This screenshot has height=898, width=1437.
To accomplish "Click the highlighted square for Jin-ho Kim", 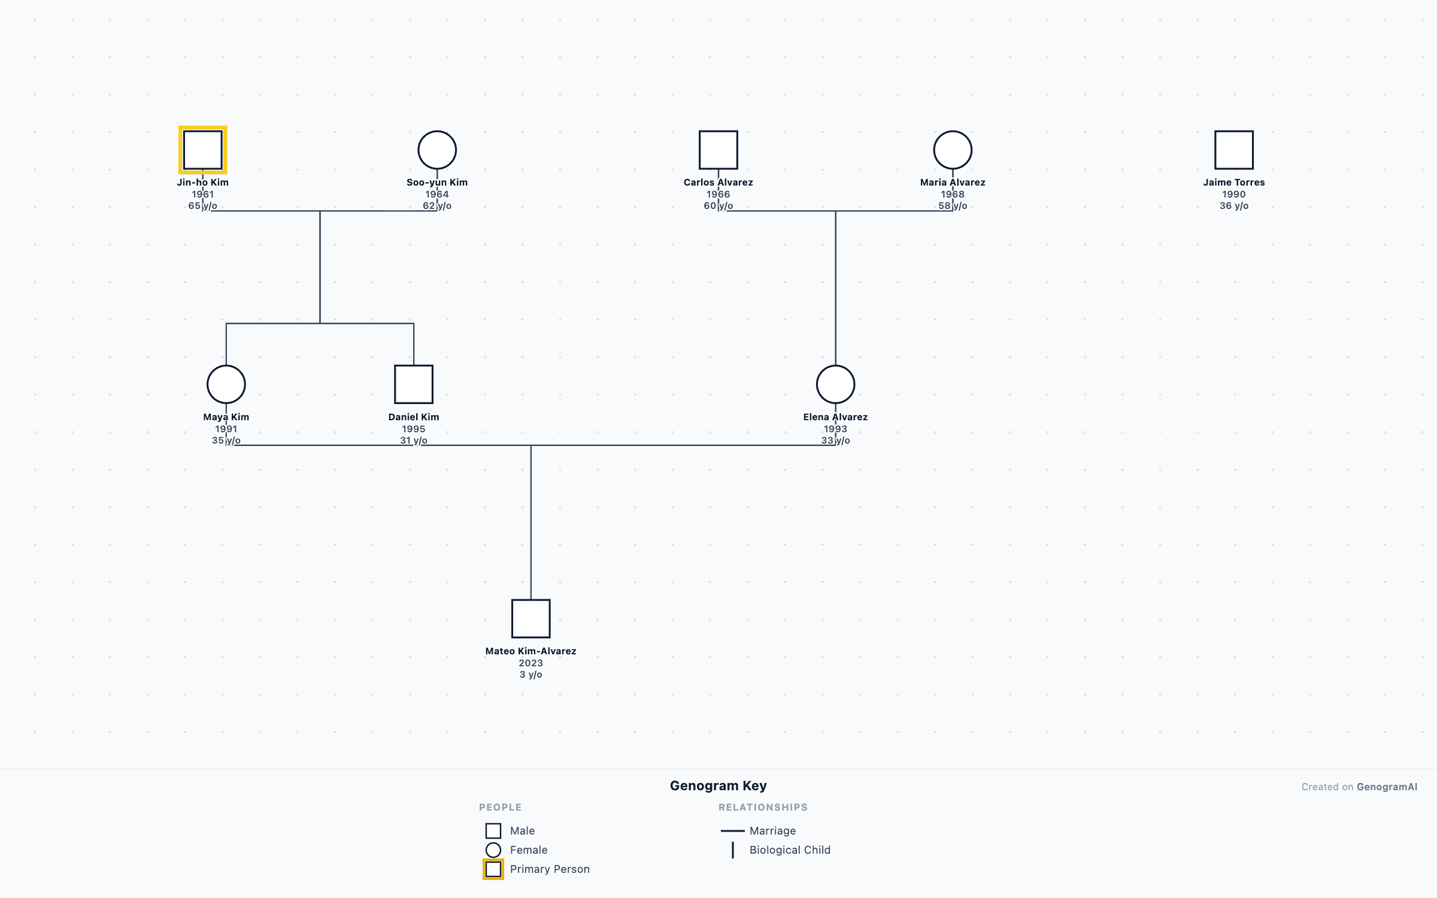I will click(202, 150).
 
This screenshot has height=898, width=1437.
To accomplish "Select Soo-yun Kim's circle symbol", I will click(437, 150).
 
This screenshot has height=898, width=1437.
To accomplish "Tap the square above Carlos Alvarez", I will click(718, 150).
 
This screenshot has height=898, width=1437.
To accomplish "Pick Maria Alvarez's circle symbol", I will click(953, 150).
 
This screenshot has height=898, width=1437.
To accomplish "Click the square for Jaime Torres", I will click(1233, 150).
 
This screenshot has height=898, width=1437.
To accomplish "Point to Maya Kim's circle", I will click(226, 384).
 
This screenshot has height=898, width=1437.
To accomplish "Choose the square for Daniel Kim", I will click(413, 384).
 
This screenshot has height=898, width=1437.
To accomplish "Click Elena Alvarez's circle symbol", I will click(835, 384).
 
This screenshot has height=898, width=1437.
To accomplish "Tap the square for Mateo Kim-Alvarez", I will click(530, 618).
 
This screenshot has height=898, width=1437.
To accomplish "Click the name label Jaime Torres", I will click(1233, 183).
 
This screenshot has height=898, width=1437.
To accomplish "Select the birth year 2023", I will click(530, 663).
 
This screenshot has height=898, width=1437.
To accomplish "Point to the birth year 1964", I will click(437, 194).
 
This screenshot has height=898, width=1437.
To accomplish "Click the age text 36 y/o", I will click(1233, 206).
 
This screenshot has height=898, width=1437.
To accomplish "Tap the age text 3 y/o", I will click(530, 675).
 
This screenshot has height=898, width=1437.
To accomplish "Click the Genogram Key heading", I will click(718, 785).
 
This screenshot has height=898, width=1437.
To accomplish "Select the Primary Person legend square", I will click(493, 869).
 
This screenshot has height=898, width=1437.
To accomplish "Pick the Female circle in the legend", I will click(493, 850).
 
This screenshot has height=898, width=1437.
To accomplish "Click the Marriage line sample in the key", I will click(732, 831).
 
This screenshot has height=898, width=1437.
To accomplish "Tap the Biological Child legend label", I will click(790, 850).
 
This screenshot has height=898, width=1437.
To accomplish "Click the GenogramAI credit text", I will click(1387, 787).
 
